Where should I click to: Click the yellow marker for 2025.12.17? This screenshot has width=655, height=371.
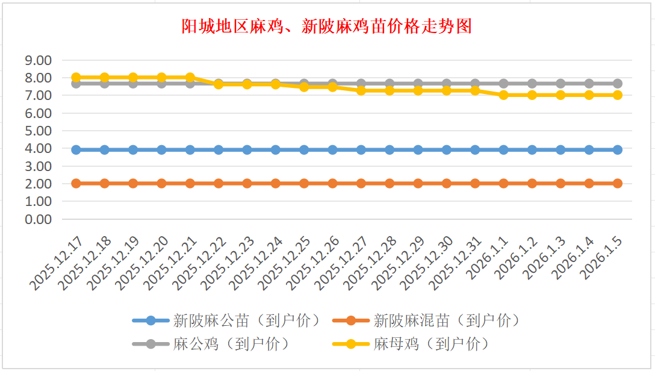point(76,77)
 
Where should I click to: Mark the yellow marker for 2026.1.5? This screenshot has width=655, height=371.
point(617,95)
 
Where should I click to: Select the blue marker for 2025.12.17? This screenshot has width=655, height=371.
point(76,149)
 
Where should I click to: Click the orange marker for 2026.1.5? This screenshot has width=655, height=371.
point(617,183)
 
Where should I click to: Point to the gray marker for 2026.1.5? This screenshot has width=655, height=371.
point(617,84)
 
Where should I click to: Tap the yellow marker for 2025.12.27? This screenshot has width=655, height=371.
point(361,90)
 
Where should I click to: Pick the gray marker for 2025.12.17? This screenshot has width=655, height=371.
point(76,84)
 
